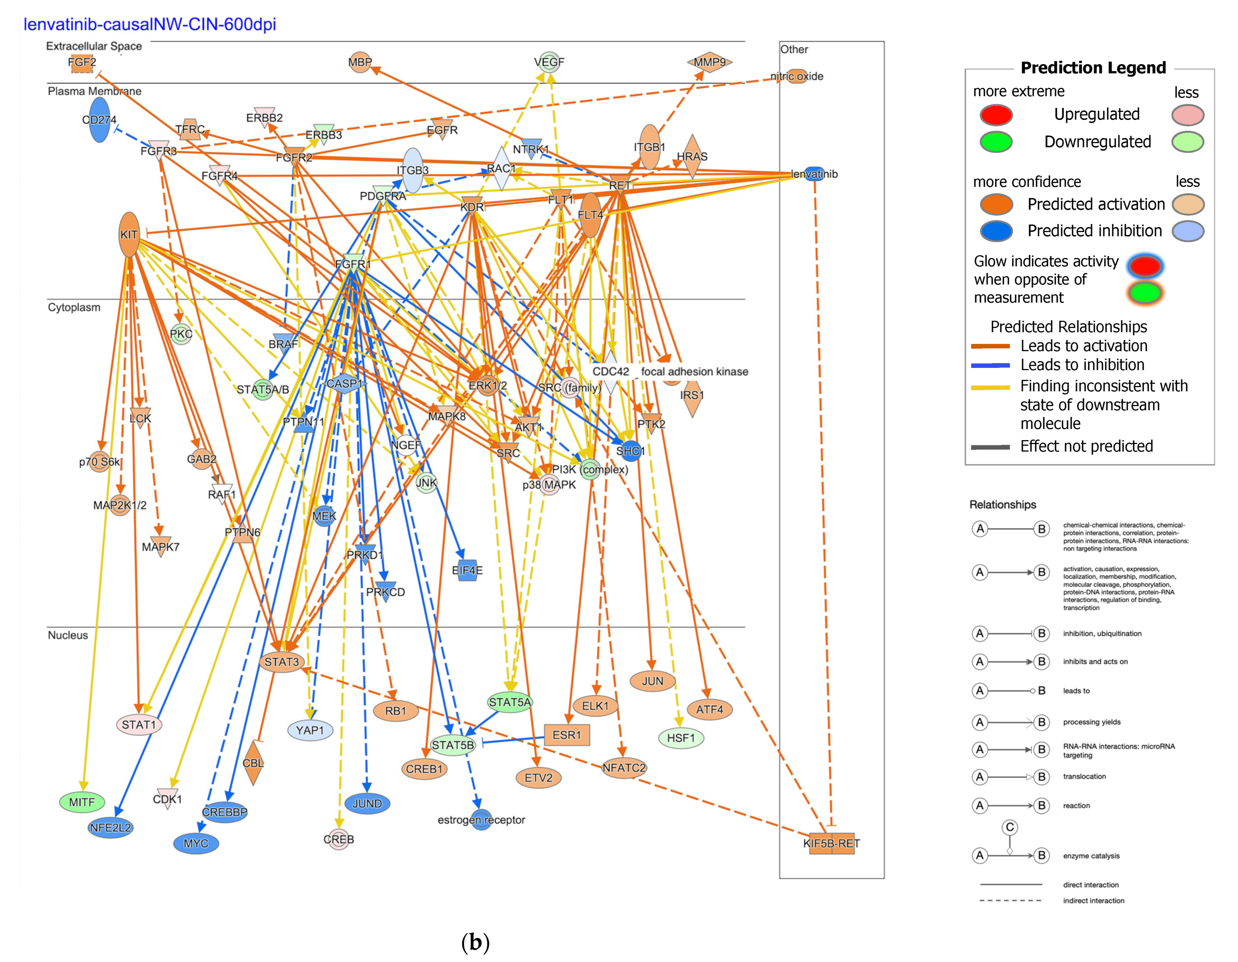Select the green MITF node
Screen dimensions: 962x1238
click(x=82, y=802)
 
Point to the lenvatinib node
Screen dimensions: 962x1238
click(x=814, y=174)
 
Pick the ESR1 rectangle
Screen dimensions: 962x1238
click(x=567, y=735)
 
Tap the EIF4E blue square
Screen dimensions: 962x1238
click(x=468, y=570)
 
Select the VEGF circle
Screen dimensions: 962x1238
click(x=549, y=62)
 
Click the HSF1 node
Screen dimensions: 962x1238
click(x=681, y=738)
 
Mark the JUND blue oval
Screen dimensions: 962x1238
click(x=367, y=803)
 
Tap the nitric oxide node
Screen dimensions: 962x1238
click(x=797, y=76)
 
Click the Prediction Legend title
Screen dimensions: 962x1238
click(x=1093, y=68)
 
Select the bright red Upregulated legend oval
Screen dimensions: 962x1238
click(x=996, y=114)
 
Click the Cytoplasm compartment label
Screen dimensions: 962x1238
click(x=74, y=307)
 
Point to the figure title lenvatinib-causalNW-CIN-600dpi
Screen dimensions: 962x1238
click(x=150, y=24)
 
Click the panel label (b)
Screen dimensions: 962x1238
click(x=475, y=942)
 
